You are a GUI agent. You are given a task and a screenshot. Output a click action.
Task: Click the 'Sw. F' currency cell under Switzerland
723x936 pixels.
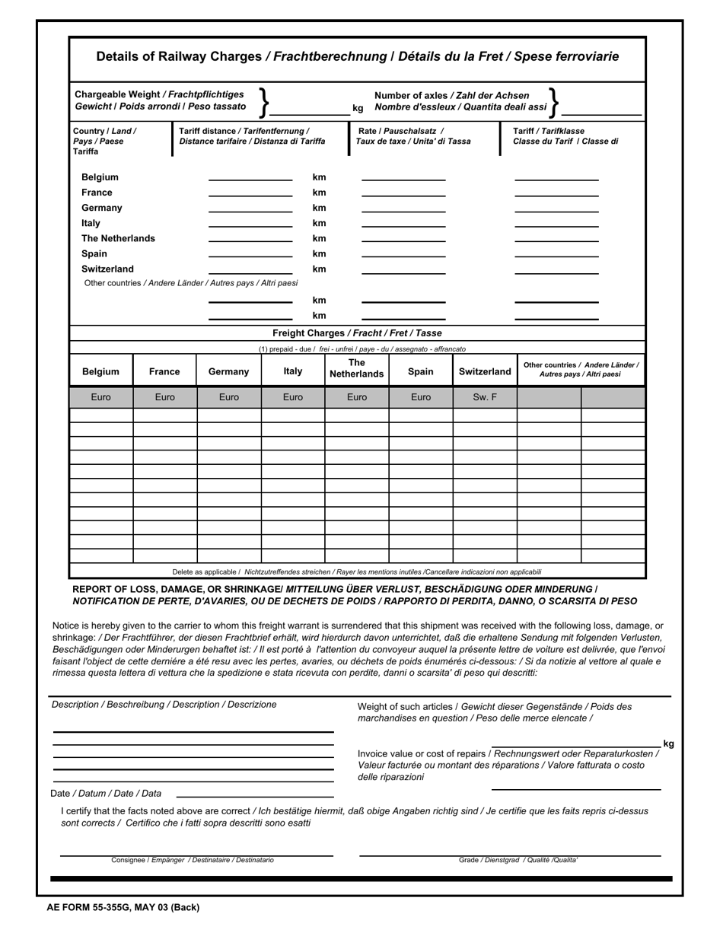coord(485,397)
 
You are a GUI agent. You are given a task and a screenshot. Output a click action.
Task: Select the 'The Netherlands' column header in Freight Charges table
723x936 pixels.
coord(356,369)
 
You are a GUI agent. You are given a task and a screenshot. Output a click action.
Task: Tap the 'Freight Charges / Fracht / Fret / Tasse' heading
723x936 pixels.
coord(357,333)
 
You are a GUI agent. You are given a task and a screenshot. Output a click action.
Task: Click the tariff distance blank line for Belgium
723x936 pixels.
coord(250,179)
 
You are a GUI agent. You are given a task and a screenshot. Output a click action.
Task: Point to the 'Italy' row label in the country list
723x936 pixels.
coord(91,224)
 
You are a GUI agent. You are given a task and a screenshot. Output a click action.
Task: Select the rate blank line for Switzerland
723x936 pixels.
coord(403,272)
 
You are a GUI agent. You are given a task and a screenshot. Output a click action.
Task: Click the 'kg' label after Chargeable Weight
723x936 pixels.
coord(358,109)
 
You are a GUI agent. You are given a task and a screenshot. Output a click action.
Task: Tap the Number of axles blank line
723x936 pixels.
coord(601,113)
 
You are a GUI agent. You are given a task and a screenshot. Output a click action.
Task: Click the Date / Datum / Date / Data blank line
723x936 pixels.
coord(255,795)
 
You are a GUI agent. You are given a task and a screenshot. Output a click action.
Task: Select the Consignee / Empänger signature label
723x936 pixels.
coord(193,860)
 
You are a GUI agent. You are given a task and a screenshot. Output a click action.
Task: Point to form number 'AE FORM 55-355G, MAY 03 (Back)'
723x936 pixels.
coord(123,907)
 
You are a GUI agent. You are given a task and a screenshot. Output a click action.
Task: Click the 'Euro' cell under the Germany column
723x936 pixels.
coord(229,397)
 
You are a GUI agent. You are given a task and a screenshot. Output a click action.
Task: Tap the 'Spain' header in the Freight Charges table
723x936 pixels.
coord(421,372)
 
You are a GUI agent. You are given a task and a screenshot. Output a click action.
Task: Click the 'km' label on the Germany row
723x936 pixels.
coord(319,209)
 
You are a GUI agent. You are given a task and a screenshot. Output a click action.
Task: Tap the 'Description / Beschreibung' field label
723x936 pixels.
coord(164,705)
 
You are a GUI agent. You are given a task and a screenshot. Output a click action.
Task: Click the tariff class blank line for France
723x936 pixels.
coord(556,195)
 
